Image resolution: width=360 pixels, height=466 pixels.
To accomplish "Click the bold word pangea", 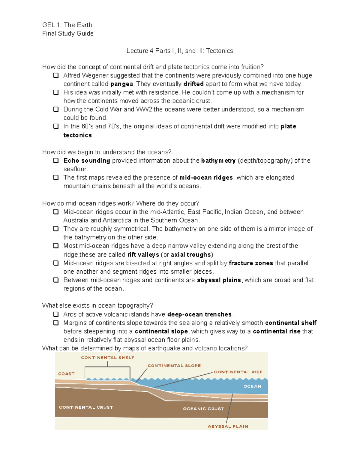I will pos(121,84).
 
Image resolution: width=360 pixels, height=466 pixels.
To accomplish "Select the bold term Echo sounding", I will pos(87,161).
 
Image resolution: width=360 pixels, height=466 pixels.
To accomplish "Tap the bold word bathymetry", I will pos(218,161).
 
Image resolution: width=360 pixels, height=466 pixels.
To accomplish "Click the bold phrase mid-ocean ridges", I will pos(206,178).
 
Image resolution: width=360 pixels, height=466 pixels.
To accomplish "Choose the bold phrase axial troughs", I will pos(191,255).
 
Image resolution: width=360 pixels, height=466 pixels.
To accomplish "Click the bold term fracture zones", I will pos(251,263).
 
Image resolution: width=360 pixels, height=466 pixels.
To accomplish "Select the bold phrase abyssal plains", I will pos(219,280).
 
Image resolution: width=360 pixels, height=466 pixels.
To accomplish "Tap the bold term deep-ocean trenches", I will pos(199,314).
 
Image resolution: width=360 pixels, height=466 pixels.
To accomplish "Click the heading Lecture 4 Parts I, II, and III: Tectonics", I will pos(180,51).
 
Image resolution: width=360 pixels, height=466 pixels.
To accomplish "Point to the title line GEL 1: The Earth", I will pos(67,25).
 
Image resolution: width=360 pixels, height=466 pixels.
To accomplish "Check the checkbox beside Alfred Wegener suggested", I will pos(56,75).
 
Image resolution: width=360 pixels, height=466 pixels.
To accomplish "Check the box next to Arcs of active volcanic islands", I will pos(56,314).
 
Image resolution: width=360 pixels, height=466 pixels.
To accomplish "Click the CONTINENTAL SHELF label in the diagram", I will pos(108,358).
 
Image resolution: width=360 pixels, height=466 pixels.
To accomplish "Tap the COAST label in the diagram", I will pos(66,374).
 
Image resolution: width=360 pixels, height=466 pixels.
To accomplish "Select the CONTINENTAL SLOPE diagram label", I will pos(174,366).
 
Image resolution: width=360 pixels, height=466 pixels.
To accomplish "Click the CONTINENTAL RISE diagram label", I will pos(238,372).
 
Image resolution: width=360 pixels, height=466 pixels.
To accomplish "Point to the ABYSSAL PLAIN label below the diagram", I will pos(228,426).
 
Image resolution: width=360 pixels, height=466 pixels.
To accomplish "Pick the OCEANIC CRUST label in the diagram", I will pos(203,409).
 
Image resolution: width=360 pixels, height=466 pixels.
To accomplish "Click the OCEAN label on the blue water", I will pos(252,386).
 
